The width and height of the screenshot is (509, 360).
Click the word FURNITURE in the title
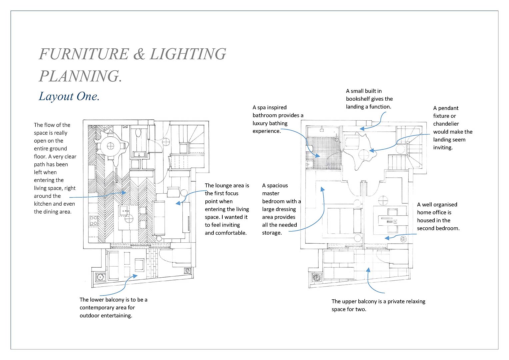click(x=84, y=54)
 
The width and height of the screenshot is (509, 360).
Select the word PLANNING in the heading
click(x=79, y=76)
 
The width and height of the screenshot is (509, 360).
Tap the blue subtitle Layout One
click(x=69, y=96)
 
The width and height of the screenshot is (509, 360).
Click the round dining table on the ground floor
click(x=110, y=146)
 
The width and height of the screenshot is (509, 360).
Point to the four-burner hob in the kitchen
click(x=93, y=220)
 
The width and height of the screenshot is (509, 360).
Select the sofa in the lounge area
click(x=159, y=218)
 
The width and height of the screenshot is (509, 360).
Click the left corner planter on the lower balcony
click(x=100, y=277)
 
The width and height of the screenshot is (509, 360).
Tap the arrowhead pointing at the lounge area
click(x=178, y=203)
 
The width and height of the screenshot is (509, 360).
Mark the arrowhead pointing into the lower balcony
click(x=135, y=276)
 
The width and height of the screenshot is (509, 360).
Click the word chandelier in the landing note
click(x=446, y=124)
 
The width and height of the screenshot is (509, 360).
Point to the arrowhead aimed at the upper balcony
click(x=368, y=270)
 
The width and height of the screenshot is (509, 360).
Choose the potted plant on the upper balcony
click(x=316, y=277)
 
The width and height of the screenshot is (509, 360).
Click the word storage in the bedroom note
click(x=272, y=233)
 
